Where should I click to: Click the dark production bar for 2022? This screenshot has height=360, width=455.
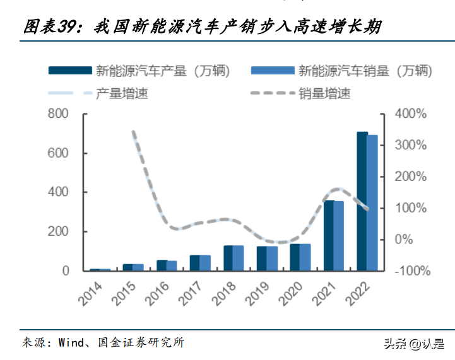pos(362,202)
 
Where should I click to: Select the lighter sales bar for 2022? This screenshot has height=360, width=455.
pos(372,203)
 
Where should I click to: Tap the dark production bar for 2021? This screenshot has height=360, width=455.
pos(329,236)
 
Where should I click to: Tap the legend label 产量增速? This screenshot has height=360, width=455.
pos(122,94)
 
